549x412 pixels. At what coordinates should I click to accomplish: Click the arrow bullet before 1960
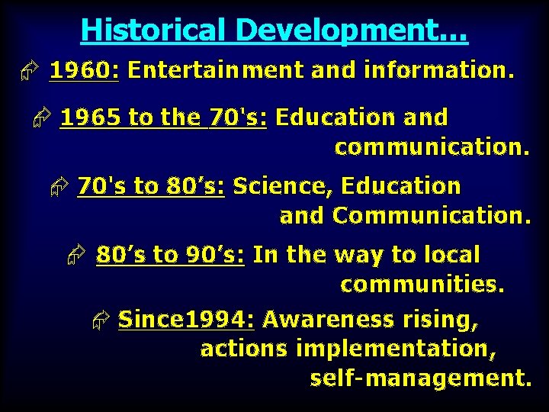pos(28,72)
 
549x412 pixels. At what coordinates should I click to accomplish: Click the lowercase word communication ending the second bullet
pos(432,147)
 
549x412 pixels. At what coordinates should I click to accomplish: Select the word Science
pos(283,186)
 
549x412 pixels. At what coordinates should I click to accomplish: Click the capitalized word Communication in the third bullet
pos(431,216)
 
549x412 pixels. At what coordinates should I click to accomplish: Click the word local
pos(451,255)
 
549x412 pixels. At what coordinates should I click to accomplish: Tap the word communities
pos(422,285)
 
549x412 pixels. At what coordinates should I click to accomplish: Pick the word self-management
pos(420,378)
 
